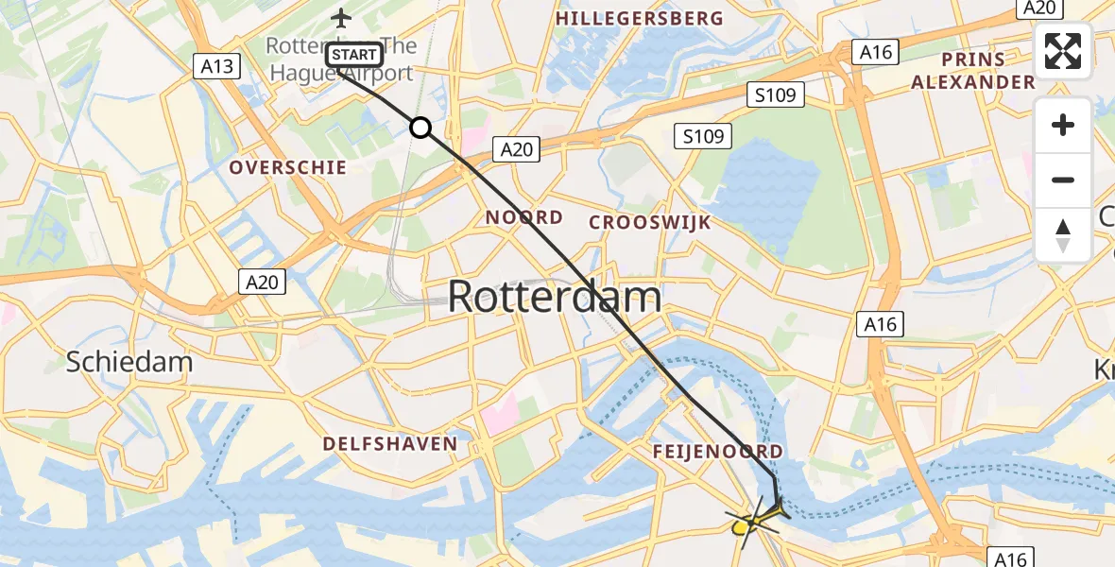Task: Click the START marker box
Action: (354, 55)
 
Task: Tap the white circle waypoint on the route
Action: (420, 128)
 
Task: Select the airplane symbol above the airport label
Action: (341, 17)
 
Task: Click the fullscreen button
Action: (1063, 51)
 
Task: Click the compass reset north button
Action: (1063, 235)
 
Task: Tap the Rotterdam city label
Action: (554, 297)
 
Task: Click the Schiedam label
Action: (129, 361)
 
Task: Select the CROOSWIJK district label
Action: (650, 222)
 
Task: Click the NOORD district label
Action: (524, 217)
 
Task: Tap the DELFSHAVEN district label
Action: (389, 443)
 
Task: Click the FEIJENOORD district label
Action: (718, 452)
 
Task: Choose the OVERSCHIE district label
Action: (288, 167)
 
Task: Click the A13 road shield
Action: (216, 65)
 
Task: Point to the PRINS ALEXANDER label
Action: (973, 71)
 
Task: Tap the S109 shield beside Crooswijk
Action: (704, 136)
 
